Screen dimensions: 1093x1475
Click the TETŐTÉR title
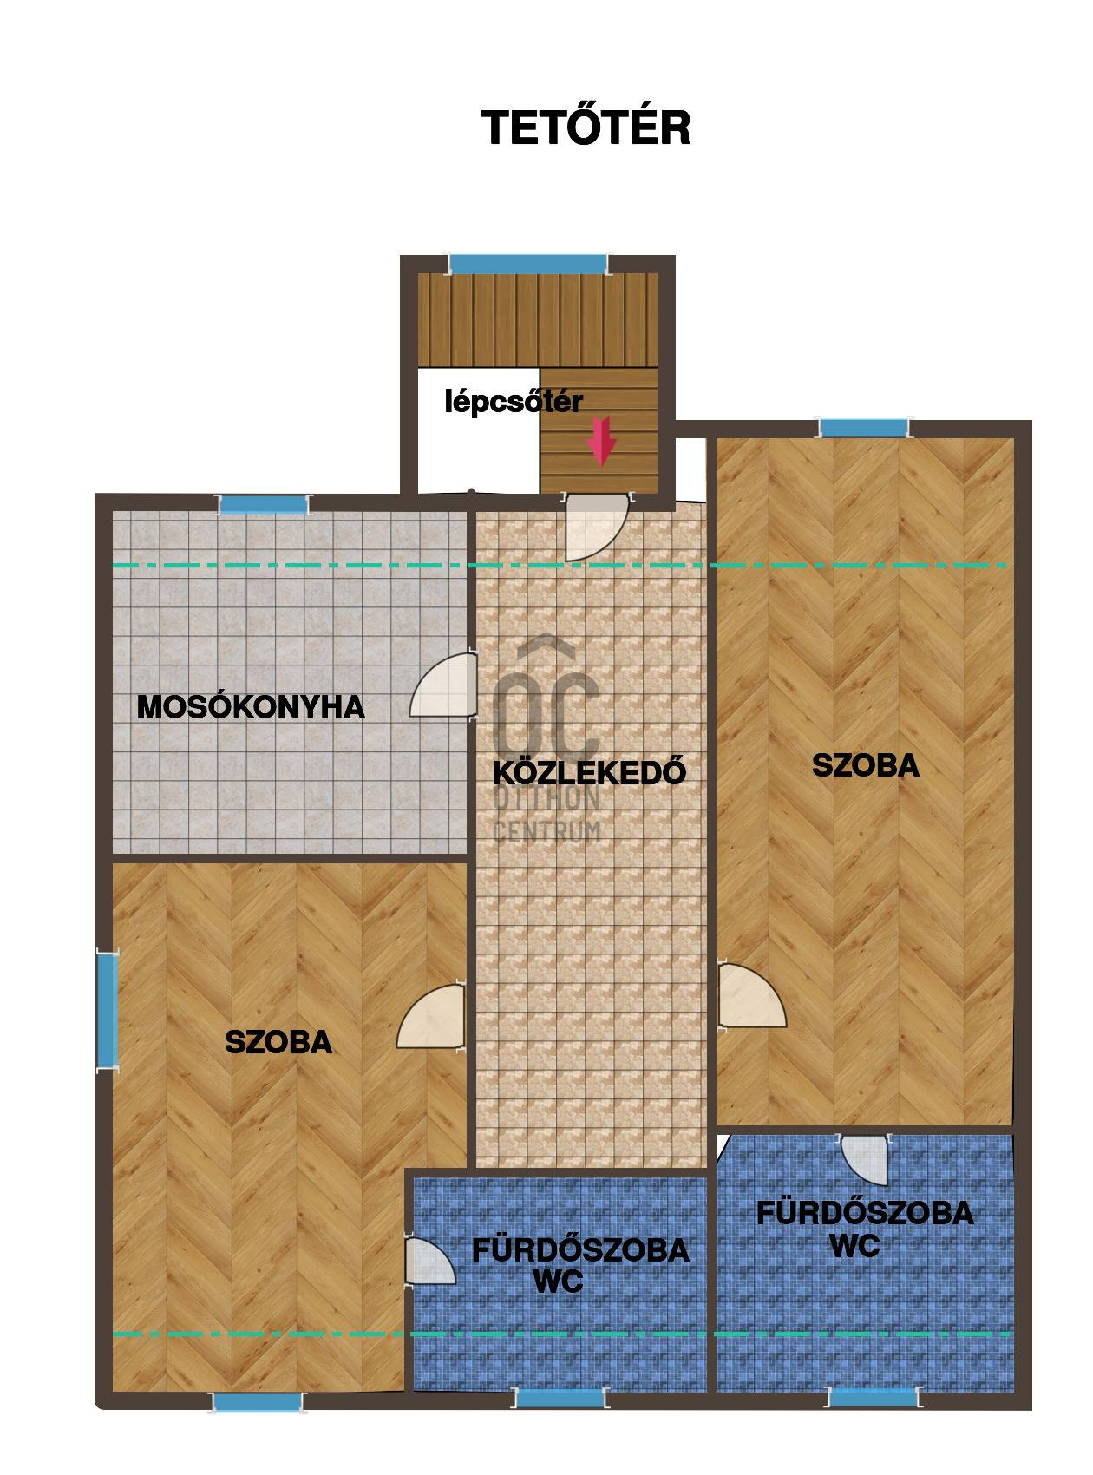[x=586, y=127]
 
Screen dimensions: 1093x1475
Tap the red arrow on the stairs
[x=601, y=441]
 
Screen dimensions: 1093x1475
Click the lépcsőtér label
[x=514, y=403]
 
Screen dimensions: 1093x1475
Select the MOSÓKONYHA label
[x=251, y=707]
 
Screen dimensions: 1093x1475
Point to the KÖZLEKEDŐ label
[x=589, y=770]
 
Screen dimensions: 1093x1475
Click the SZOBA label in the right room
[x=865, y=765]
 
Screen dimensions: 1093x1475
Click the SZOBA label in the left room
[x=278, y=1041]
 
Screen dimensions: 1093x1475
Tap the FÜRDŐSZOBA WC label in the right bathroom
[x=864, y=1228]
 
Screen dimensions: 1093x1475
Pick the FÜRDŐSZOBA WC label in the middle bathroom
[x=579, y=1265]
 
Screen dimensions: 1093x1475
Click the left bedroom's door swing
[x=430, y=1017]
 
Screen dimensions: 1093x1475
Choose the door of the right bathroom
[x=865, y=1159]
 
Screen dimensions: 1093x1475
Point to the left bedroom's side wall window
[x=107, y=1010]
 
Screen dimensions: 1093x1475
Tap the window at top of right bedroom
[x=864, y=428]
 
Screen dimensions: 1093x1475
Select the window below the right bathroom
[x=874, y=1397]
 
